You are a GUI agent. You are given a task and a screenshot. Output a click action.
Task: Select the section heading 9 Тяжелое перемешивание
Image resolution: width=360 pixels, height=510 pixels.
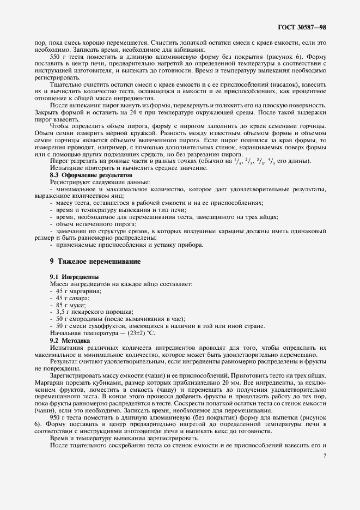pyautogui.click(x=95, y=262)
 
